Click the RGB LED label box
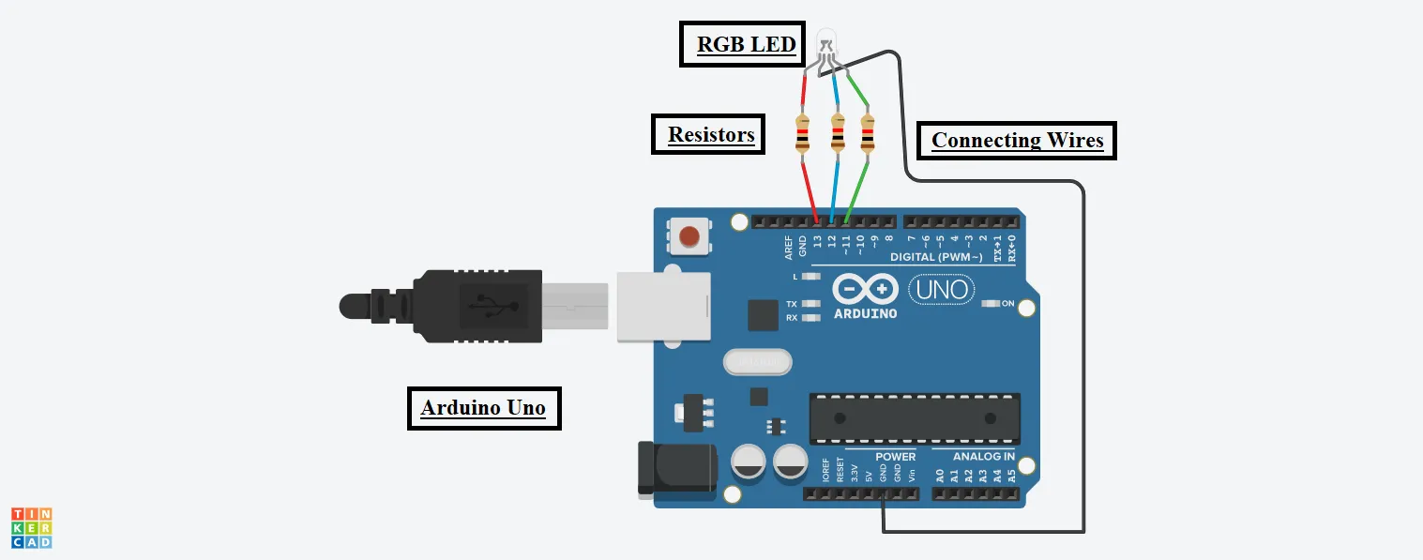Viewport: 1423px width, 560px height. coord(741,44)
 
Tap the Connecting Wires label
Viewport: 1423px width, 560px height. coord(1017,141)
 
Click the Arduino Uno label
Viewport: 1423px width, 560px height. coord(483,408)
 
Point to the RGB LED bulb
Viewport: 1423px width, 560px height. coord(825,41)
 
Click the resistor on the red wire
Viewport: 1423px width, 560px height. coord(803,133)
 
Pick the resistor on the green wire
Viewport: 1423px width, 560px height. coord(867,133)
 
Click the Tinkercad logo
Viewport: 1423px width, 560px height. coord(31,528)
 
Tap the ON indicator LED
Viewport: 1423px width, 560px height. coord(991,304)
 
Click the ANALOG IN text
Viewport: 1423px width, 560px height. coord(983,457)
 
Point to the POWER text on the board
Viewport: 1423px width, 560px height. coord(895,457)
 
